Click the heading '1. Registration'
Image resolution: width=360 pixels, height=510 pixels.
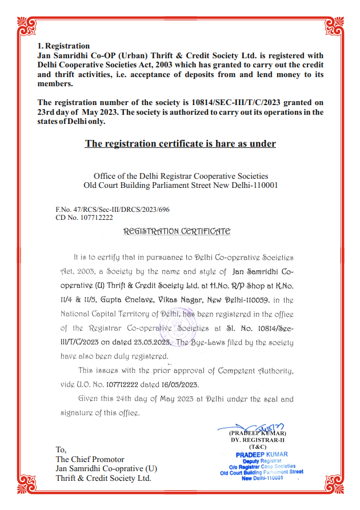63,46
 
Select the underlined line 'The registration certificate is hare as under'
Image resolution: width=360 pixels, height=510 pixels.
180,143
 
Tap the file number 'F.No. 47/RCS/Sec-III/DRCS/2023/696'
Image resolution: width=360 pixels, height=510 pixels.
113,210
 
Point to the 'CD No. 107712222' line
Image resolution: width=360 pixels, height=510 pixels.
84,218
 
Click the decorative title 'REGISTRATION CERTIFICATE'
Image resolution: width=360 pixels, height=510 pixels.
177,231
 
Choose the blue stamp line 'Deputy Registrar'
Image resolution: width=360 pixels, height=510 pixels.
262,460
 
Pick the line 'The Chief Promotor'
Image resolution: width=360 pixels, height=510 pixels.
90,459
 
